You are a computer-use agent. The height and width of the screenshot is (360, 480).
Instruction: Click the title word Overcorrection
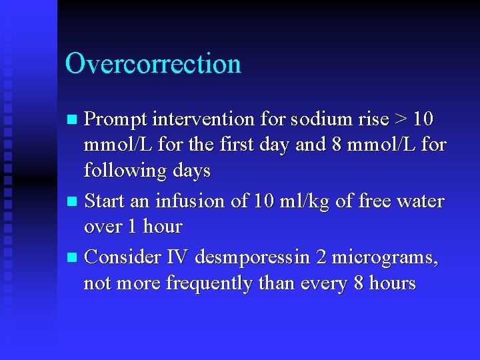pyautogui.click(x=153, y=64)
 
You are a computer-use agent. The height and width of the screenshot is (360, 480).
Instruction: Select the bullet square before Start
pyautogui.click(x=74, y=201)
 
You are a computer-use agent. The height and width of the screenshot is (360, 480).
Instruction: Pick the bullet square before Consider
pyautogui.click(x=74, y=257)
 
